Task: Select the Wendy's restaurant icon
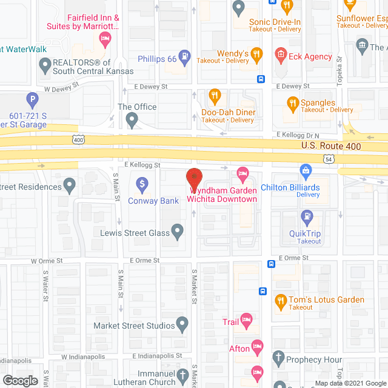256,55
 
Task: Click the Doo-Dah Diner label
228,112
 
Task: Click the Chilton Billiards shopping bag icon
305,172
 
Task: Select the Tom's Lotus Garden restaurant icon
281,299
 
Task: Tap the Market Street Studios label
134,326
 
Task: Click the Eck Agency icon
281,56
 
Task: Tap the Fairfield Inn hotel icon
105,41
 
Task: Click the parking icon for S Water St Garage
32,99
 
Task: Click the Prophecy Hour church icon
278,358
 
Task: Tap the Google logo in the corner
19,380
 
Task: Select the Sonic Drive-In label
275,22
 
